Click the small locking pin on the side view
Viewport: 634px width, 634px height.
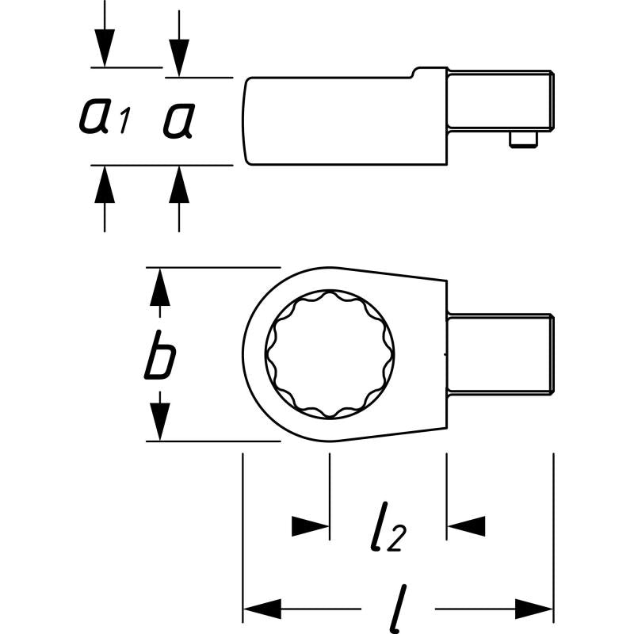click(520, 140)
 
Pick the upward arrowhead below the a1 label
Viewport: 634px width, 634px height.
click(104, 185)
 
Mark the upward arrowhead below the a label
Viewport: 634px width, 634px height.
click(179, 185)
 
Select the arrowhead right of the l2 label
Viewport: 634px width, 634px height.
click(465, 525)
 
